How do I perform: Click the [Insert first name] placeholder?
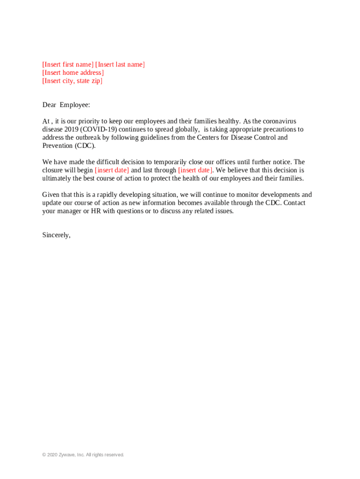[x=68, y=65]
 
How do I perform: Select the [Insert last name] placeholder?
[x=120, y=65]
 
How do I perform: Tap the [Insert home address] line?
[x=73, y=73]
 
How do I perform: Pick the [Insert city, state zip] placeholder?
[x=72, y=81]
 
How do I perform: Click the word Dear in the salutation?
[x=49, y=105]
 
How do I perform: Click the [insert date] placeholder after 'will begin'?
[x=112, y=170]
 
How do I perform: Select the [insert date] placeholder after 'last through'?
[x=195, y=170]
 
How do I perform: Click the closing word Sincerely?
[x=56, y=235]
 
